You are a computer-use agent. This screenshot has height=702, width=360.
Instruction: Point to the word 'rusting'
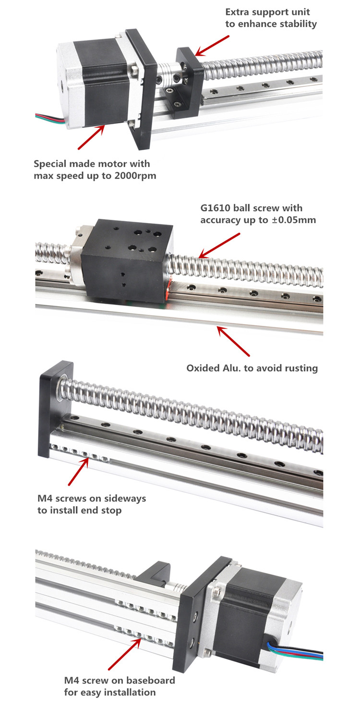[x=300, y=369]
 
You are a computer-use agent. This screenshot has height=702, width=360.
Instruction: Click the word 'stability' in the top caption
[x=296, y=24]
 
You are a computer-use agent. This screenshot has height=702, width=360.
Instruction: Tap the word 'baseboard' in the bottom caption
[x=150, y=680]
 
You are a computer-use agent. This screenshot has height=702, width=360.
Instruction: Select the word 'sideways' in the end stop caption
[x=122, y=498]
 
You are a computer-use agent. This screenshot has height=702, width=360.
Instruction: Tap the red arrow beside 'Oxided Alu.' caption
[x=233, y=341]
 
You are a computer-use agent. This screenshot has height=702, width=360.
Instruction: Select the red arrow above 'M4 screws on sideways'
[x=78, y=473]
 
